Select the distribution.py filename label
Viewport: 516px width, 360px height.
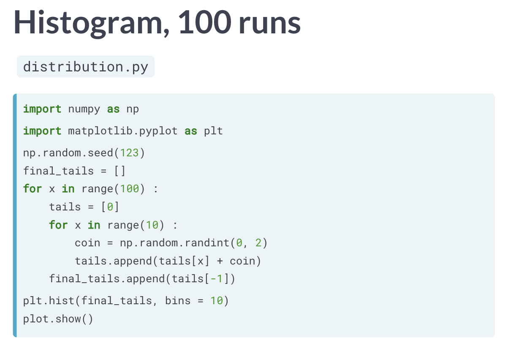[x=86, y=67]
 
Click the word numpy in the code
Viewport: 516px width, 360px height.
[x=84, y=109]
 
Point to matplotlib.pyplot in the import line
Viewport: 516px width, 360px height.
[x=123, y=131]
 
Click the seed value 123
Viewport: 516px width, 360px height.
[x=129, y=153]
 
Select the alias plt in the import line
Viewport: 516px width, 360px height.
[x=213, y=131]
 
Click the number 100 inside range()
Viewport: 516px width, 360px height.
[x=129, y=188]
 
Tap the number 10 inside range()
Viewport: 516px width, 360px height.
[x=152, y=225]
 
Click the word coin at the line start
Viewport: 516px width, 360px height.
[x=87, y=243]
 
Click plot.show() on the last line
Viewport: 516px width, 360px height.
[x=58, y=319]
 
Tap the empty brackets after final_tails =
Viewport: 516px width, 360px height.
[x=119, y=171]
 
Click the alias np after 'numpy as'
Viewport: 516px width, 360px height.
[x=133, y=109]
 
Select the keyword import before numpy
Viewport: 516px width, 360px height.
[x=42, y=109]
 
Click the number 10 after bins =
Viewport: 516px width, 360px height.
[x=217, y=301]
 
